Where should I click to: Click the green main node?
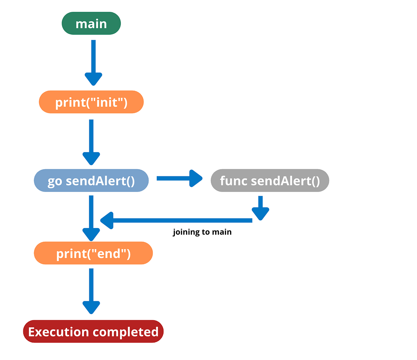click(x=91, y=24)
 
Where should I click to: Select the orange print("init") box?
click(x=91, y=102)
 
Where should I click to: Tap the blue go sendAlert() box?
click(x=91, y=181)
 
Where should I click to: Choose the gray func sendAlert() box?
click(x=270, y=181)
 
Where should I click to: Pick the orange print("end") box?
click(x=93, y=253)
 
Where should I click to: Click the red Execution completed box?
click(x=93, y=332)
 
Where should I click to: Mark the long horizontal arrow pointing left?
click(x=177, y=220)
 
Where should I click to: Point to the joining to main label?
click(x=202, y=232)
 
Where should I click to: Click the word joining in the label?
click(x=186, y=232)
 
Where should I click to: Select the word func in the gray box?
click(x=234, y=181)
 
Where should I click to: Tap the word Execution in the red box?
click(x=58, y=332)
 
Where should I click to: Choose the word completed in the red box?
click(x=125, y=332)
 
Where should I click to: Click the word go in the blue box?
click(x=55, y=181)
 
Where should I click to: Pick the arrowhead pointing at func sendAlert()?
click(x=196, y=178)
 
